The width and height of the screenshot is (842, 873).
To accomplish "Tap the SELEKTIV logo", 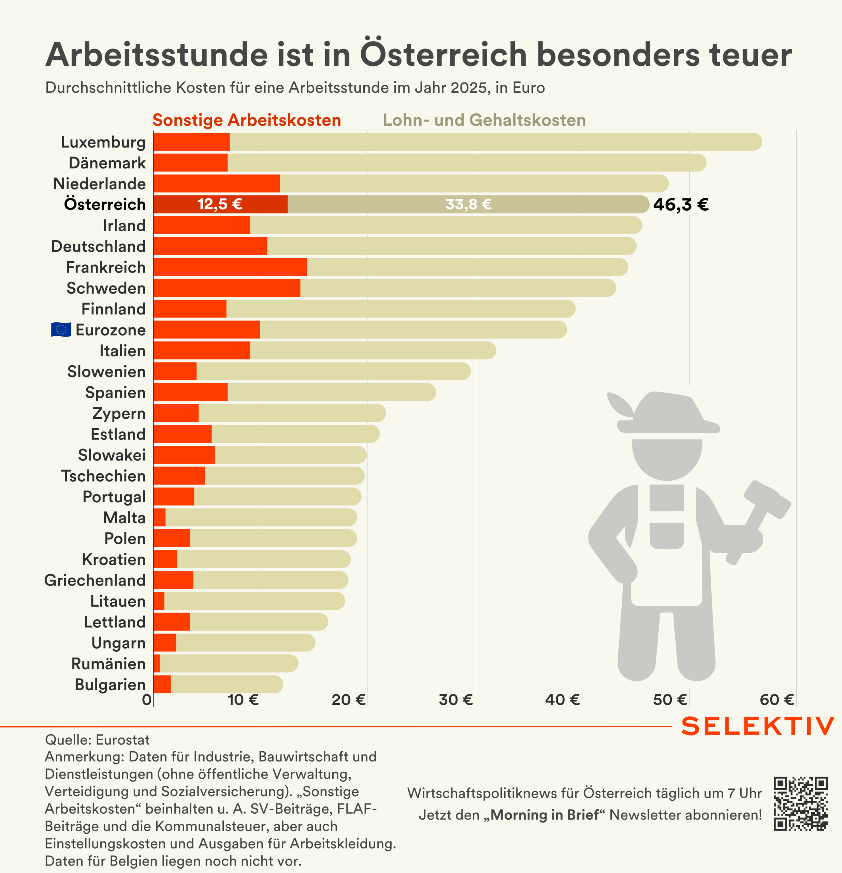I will coord(757,726).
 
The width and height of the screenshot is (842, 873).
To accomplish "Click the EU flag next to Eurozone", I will coord(61,330).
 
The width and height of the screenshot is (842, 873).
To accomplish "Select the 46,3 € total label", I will coord(681,205).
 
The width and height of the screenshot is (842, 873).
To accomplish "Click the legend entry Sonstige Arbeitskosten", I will coord(246,120).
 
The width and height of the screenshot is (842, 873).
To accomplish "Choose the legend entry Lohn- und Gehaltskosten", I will coord(484,120).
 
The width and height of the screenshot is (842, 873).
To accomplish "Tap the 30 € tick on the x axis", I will coord(455,700).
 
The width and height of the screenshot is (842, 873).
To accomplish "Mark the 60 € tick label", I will coord(776,700).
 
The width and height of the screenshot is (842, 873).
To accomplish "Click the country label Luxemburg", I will coord(103,142).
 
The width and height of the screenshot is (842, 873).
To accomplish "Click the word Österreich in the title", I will coord(443,54).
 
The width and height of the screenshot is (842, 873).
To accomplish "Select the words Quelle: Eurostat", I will coord(97,740).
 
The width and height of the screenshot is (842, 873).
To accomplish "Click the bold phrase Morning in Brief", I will coord(545,815).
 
